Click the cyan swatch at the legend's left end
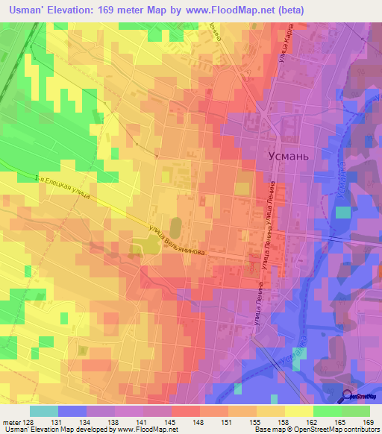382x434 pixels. pyautogui.click(x=44, y=411)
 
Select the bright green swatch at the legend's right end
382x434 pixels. pyautogui.click(x=356, y=411)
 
